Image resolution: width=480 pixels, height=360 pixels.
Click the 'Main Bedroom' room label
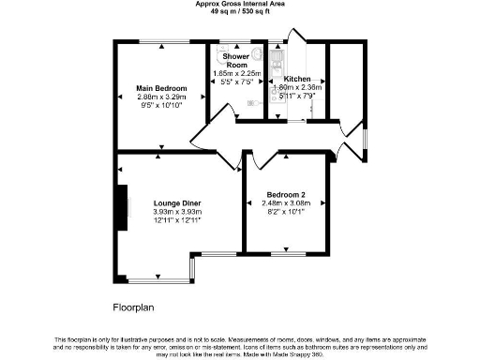pos(156,88)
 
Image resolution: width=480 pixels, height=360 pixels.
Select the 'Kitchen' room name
pos(297,79)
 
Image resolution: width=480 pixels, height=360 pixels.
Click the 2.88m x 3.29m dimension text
pos(156,97)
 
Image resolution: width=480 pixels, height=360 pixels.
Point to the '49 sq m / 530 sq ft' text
pos(239,13)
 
